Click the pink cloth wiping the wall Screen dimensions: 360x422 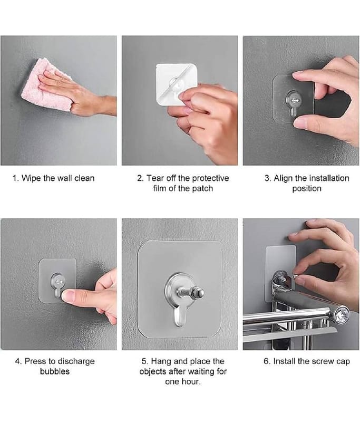46,85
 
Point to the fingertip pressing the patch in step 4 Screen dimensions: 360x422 67,295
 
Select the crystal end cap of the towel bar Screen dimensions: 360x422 342,314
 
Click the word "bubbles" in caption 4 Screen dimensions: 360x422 55,371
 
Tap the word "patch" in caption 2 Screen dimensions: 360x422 202,188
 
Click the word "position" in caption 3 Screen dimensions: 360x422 307,188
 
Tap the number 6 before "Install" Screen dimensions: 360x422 267,361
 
